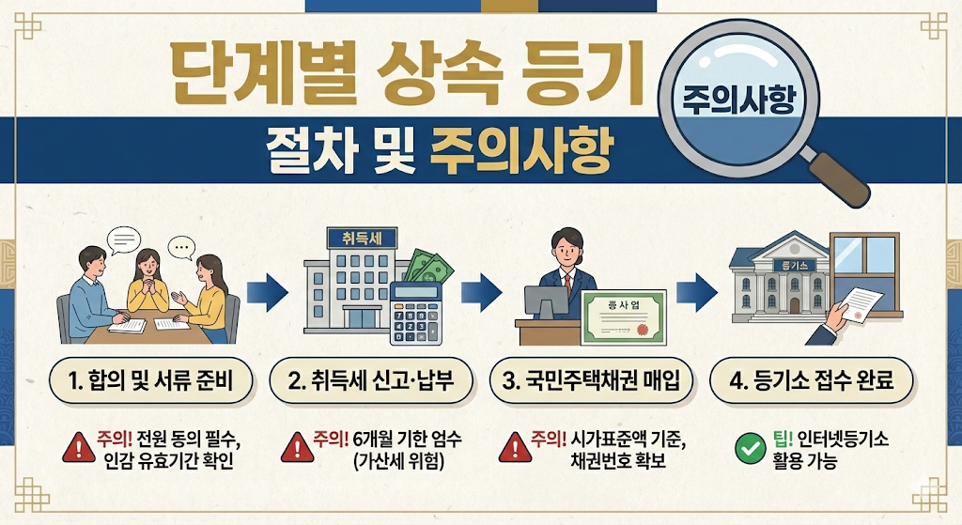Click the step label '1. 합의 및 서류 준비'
click(x=151, y=381)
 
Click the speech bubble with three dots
click(x=180, y=247)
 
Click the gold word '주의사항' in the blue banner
click(x=514, y=148)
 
